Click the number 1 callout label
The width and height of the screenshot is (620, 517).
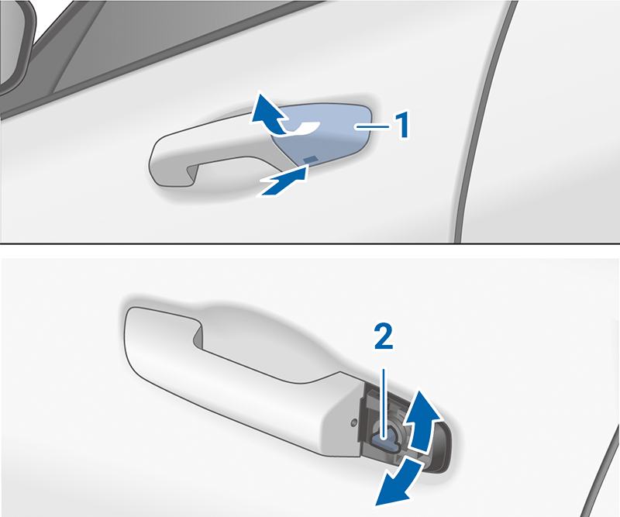(402, 126)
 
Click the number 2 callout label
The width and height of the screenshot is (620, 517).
(384, 336)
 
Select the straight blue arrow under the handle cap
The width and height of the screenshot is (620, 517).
(283, 182)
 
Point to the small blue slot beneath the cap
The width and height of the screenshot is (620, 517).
(311, 159)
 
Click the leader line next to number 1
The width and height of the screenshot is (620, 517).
(372, 126)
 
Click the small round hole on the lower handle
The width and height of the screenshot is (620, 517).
(354, 423)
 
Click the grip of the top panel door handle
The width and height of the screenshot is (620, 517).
(205, 154)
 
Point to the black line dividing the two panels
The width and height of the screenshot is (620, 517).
(310, 243)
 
